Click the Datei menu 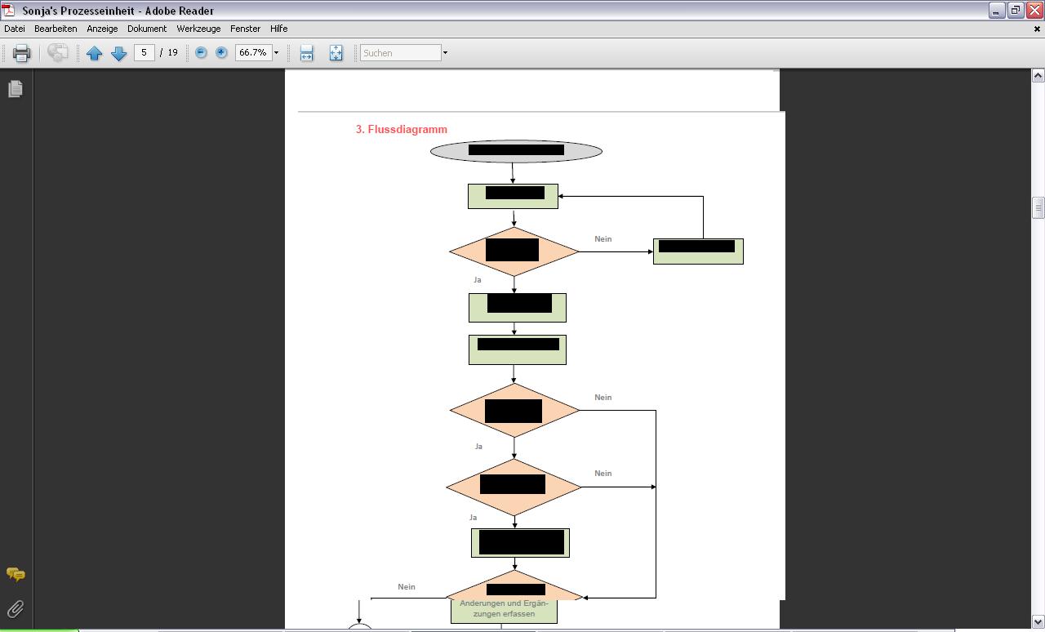click(15, 29)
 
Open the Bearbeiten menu click(56, 29)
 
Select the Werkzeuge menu click(198, 29)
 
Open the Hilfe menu click(278, 29)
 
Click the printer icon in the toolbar click(21, 53)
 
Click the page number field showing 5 click(144, 52)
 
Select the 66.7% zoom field click(252, 52)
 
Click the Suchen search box click(400, 53)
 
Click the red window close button click(1034, 11)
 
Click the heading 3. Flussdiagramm click(402, 129)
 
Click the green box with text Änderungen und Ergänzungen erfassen click(504, 609)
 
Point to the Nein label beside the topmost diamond click(603, 239)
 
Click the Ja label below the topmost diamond click(478, 280)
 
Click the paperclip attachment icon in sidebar click(16, 608)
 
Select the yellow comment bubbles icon click(16, 575)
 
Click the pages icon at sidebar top click(16, 89)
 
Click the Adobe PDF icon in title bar click(9, 11)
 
